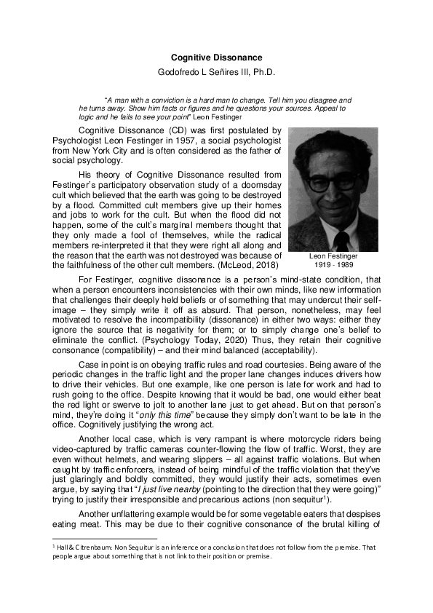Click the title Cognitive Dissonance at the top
216,57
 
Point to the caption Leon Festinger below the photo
333,256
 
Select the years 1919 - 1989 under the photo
333,264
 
